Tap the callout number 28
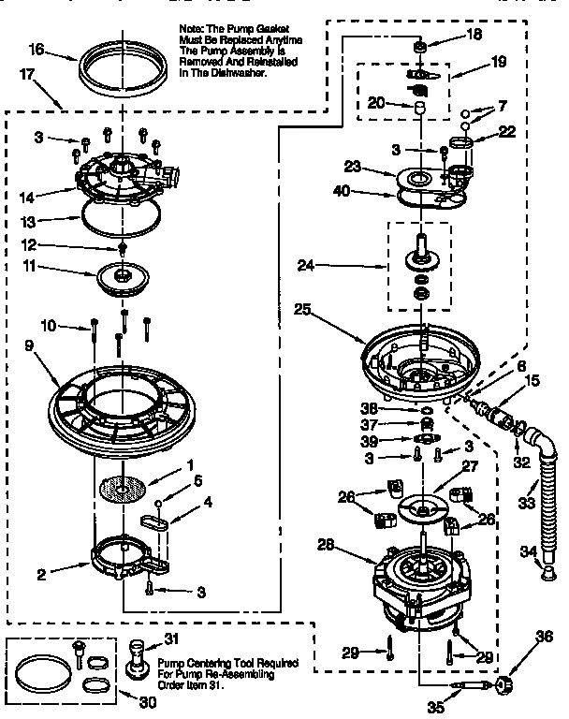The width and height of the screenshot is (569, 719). pyautogui.click(x=325, y=543)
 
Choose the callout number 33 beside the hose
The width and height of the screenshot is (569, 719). pyautogui.click(x=526, y=503)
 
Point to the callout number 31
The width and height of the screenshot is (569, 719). pyautogui.click(x=170, y=639)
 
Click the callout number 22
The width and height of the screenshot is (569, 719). pyautogui.click(x=507, y=132)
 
